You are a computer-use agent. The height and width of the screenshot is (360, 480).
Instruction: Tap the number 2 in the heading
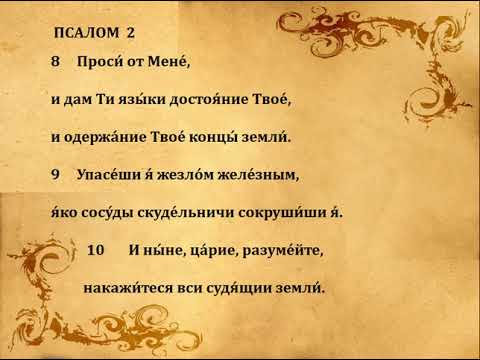click(130, 32)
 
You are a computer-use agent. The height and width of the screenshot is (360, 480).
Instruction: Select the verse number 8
click(55, 61)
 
